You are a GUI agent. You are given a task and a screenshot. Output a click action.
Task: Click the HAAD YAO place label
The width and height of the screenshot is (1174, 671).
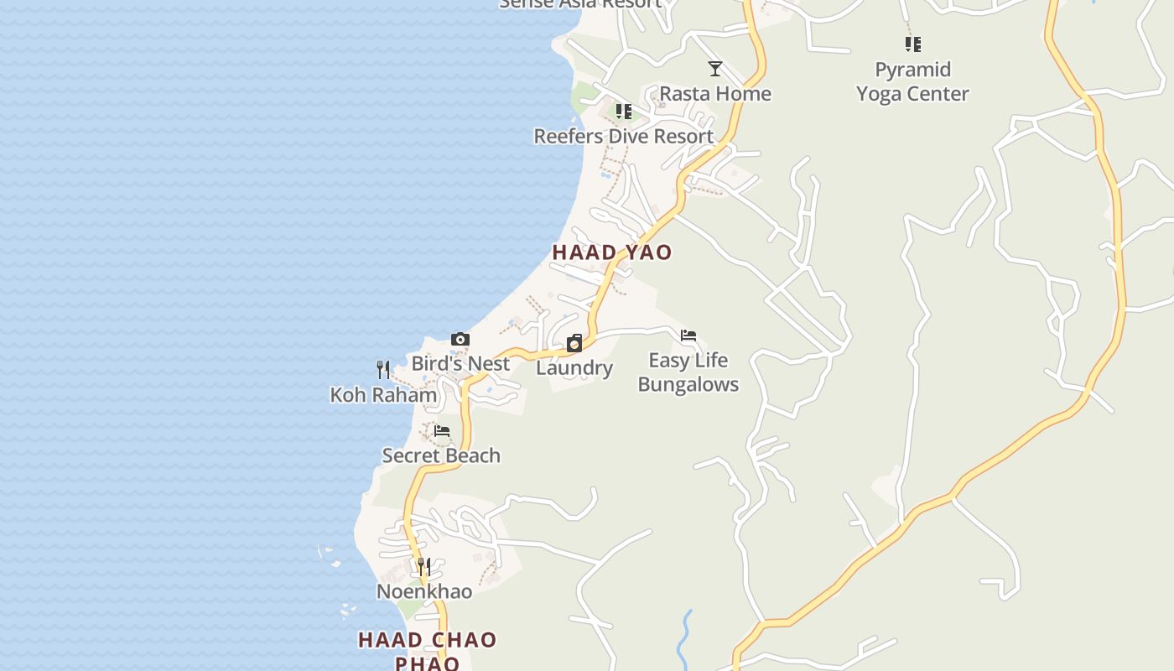(612, 252)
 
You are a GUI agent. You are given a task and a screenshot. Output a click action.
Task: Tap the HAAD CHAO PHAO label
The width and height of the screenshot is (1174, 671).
(428, 651)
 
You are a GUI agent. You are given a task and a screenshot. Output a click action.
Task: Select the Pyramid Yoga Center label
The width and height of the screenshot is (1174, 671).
(912, 81)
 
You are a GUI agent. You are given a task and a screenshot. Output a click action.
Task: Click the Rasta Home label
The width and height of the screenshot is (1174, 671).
(714, 93)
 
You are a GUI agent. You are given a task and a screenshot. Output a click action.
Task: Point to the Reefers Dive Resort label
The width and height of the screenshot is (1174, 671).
(623, 136)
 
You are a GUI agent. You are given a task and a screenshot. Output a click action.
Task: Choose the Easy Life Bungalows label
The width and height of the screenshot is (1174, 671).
(688, 372)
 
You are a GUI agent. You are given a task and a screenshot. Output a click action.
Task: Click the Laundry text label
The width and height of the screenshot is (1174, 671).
(574, 367)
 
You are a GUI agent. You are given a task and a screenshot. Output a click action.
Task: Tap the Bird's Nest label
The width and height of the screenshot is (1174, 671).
(460, 363)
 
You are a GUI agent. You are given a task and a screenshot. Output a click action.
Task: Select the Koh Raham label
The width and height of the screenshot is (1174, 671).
(383, 394)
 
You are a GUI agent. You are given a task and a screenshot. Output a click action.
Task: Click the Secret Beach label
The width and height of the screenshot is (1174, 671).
(441, 455)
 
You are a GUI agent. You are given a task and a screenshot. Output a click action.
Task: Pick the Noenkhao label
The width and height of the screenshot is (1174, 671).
(424, 591)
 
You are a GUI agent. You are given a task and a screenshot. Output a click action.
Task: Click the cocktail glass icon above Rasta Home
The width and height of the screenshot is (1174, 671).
(715, 69)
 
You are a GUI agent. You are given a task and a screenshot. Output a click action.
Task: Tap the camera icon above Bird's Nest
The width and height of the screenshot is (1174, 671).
(460, 340)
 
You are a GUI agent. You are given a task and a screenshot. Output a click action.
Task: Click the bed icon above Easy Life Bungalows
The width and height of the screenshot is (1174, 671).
(688, 336)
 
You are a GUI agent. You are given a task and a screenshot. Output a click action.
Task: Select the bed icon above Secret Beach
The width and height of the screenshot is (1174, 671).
(442, 431)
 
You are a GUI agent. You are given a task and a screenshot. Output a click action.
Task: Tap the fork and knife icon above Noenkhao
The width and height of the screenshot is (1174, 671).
(424, 567)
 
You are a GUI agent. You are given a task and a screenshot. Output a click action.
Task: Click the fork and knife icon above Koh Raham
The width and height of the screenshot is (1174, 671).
(383, 370)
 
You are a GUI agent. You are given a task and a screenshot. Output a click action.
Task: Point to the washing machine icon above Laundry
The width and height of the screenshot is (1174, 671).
(574, 343)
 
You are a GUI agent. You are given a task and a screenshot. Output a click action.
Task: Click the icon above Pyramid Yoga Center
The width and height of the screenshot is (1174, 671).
(913, 44)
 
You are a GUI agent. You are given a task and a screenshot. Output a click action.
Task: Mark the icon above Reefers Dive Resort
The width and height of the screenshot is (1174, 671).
(623, 112)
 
